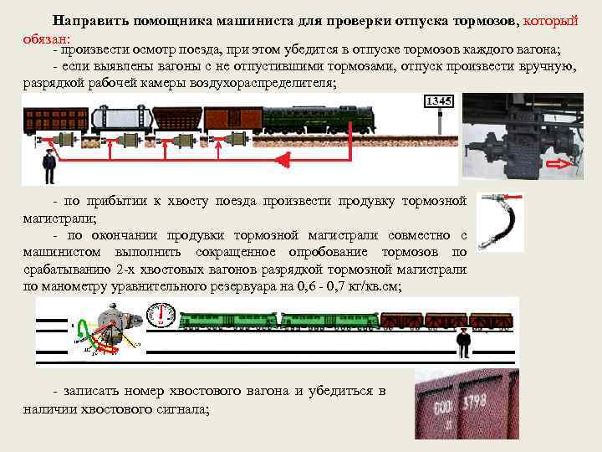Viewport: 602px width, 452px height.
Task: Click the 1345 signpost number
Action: [x=439, y=101]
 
